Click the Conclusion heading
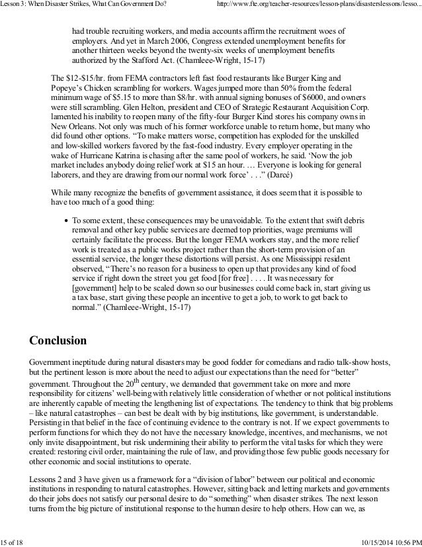coord(58,342)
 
